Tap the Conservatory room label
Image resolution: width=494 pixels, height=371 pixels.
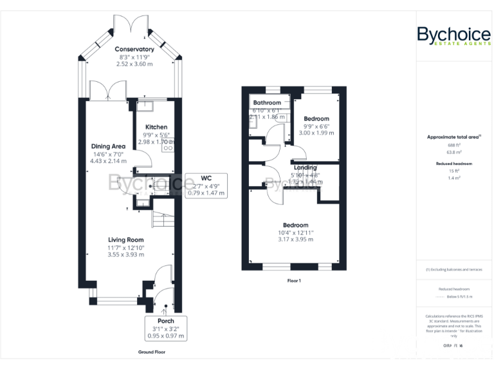134,49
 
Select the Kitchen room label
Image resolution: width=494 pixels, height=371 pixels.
156,127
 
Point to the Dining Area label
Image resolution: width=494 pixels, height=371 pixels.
108,146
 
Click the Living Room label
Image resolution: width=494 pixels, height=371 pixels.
125,240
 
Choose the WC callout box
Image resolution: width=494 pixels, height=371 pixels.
206,185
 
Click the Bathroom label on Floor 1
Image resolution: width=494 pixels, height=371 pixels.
267,103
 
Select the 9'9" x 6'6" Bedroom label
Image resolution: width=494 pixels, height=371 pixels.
316,119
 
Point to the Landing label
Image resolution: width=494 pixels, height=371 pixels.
306,167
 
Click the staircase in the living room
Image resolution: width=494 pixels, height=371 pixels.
162,221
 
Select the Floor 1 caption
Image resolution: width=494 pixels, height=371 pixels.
294,281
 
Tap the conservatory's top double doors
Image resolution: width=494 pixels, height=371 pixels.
131,24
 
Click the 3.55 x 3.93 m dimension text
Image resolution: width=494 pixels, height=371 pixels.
125,254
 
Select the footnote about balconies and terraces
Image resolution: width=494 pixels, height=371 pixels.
454,269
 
